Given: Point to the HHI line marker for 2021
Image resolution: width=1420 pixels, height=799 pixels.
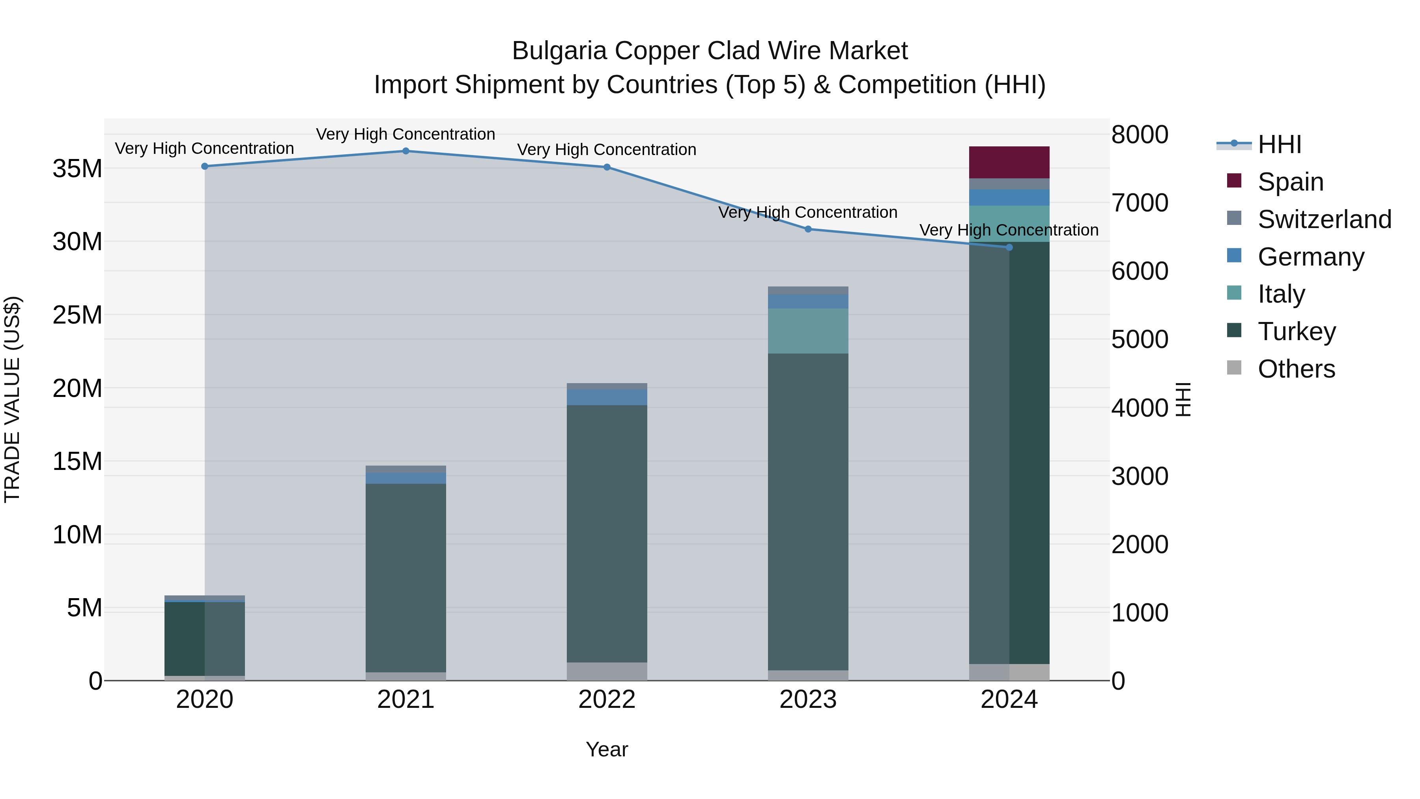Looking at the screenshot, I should coord(406,151).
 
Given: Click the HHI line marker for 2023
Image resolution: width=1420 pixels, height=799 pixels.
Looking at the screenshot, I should coord(808,229).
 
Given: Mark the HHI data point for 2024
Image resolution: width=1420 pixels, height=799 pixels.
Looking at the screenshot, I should coord(1009,247).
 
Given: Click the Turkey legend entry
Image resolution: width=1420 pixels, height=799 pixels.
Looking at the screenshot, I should coord(1297,331).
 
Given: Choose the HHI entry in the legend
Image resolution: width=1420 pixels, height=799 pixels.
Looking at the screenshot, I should coord(1279,144).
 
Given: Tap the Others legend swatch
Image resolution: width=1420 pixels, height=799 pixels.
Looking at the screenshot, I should coord(1234,368).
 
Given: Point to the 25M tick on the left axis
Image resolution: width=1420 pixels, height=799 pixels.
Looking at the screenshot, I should coord(77,315).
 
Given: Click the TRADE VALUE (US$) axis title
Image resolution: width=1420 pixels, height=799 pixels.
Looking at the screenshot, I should coord(13,399).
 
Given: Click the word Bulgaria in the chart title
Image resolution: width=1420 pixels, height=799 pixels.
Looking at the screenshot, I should coord(559,51).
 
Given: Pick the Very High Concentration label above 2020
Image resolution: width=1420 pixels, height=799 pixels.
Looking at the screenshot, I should coord(204,148).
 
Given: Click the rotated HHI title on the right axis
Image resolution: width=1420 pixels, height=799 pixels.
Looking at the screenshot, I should coord(1183,399).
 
